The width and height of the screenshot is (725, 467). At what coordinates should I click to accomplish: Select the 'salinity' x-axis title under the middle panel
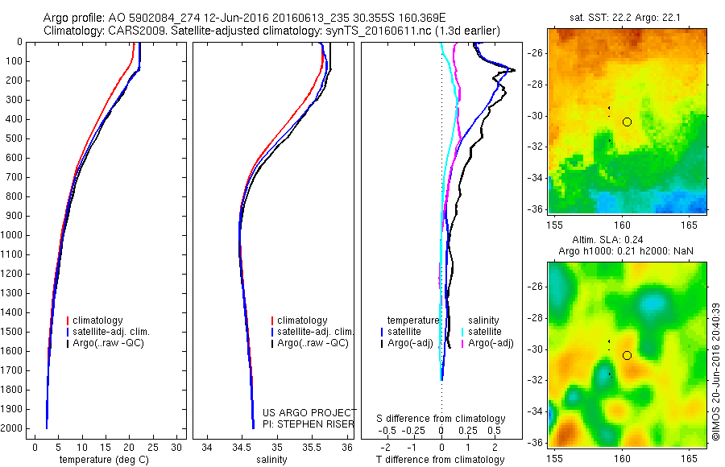pos(270,460)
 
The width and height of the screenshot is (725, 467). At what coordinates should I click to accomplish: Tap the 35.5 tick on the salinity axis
pos(312,447)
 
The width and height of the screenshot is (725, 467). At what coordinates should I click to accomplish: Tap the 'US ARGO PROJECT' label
pos(309,412)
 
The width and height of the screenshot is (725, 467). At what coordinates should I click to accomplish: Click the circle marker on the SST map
pos(627,122)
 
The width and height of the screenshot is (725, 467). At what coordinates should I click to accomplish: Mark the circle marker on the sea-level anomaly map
pos(627,355)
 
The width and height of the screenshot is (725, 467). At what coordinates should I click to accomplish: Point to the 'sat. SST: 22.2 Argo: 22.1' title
pos(627,18)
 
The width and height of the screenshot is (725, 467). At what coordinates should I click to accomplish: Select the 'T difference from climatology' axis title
pos(440,460)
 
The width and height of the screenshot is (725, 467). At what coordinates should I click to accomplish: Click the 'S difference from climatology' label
pos(441,419)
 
